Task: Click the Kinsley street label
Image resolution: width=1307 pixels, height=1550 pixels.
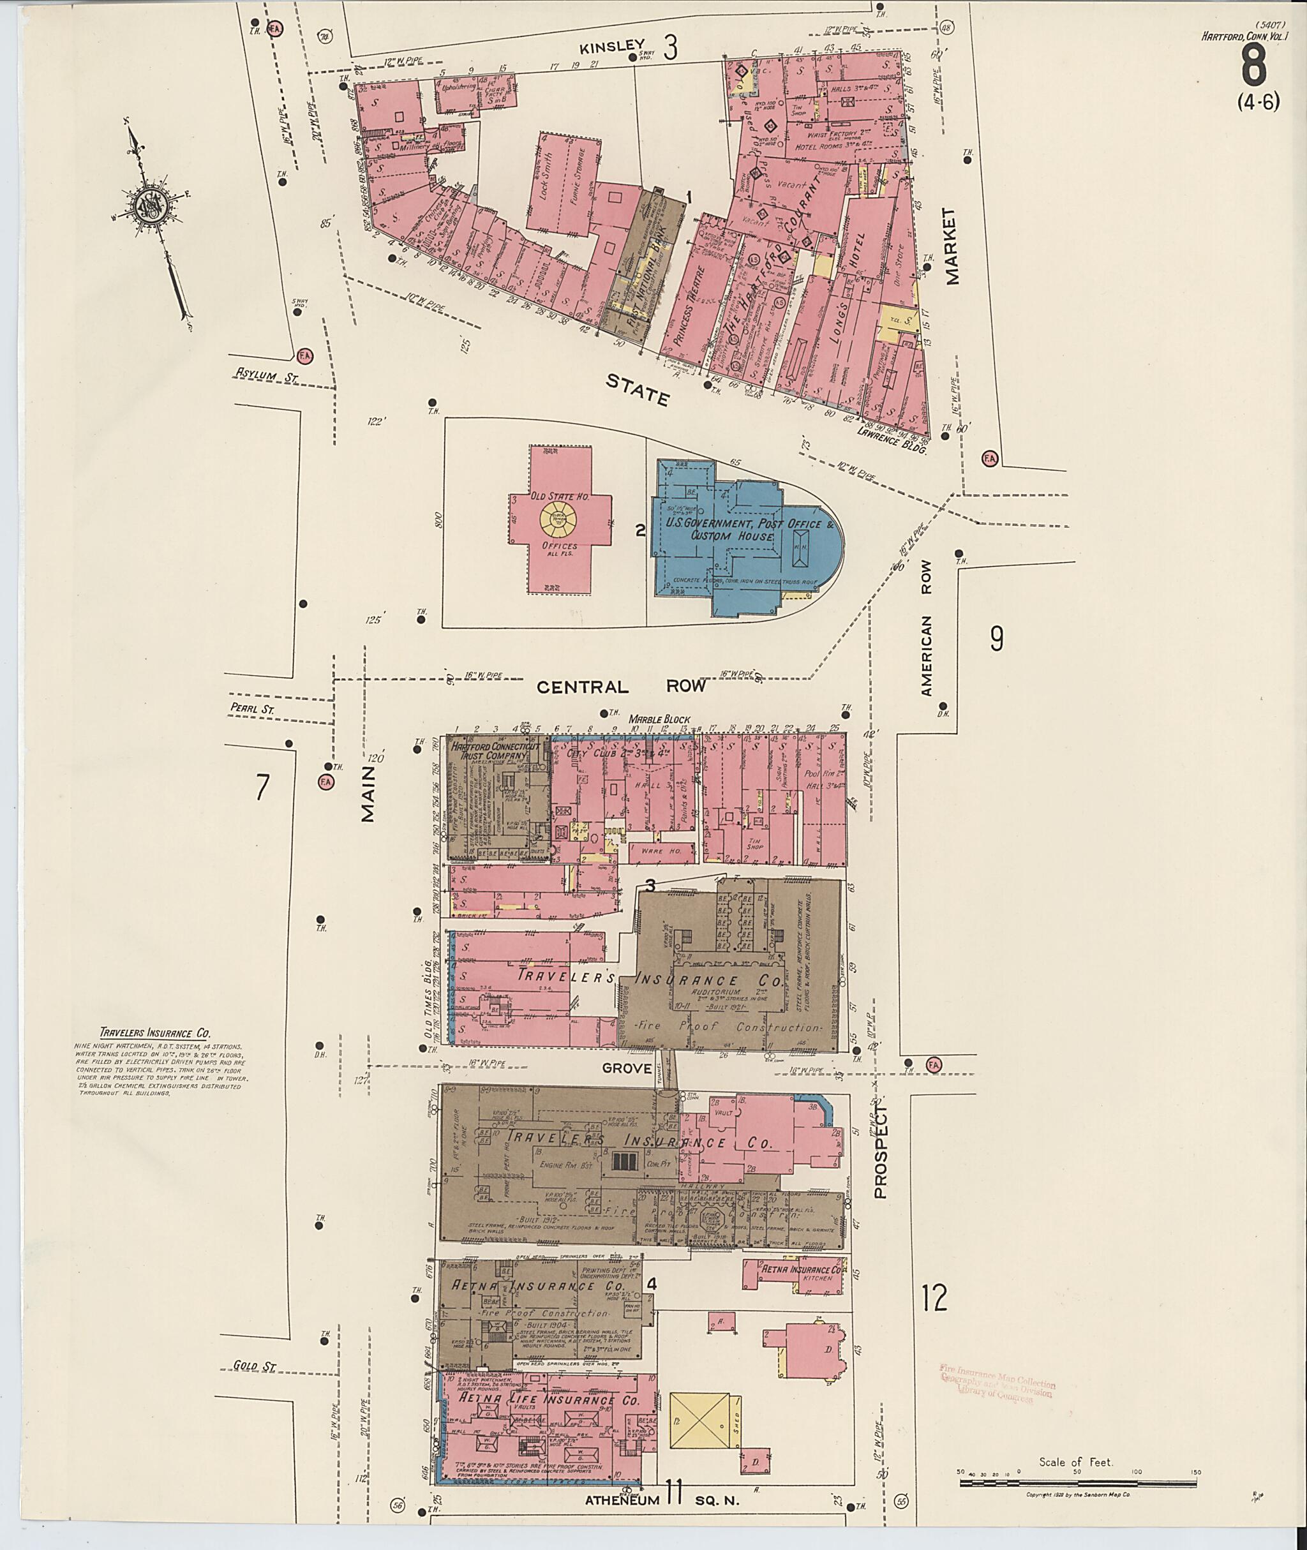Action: click(611, 47)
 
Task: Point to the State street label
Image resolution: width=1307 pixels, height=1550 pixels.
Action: click(637, 390)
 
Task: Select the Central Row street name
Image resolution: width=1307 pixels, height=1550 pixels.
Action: click(621, 687)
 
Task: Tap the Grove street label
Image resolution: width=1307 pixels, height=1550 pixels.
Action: click(627, 1068)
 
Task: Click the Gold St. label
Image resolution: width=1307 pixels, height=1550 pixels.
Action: click(255, 1365)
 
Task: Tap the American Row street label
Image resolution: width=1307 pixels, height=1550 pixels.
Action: click(926, 627)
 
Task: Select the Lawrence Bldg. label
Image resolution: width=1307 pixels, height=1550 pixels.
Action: click(892, 441)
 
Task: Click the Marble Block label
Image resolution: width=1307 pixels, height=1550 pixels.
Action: click(659, 719)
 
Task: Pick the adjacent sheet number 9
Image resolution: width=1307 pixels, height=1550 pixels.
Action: click(997, 637)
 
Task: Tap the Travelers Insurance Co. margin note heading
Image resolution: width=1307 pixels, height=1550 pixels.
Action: click(155, 1033)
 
